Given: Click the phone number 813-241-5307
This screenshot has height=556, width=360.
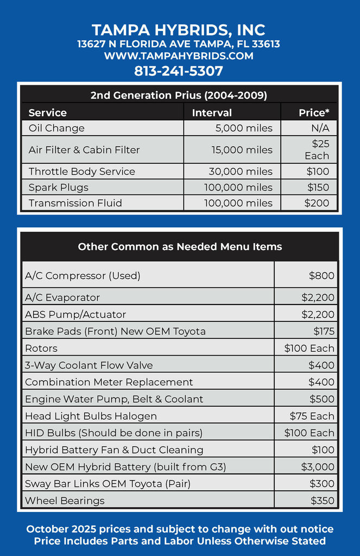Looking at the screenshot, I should tap(179, 71).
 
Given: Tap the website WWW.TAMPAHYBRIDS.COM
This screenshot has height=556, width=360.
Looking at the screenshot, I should tap(179, 56).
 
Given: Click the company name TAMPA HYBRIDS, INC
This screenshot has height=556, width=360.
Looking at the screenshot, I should tap(179, 29).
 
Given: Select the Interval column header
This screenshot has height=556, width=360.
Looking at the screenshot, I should tap(212, 113).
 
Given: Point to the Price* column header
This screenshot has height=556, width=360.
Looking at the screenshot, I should tap(314, 113).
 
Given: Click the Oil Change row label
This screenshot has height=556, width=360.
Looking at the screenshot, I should tap(56, 128).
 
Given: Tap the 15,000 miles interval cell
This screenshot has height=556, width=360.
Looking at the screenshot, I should tap(242, 150).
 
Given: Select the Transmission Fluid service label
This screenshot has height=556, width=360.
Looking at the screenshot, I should tap(75, 203).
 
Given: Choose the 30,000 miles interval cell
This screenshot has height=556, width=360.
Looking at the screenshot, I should tap(241, 172).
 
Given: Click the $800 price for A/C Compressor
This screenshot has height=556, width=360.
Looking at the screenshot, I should tap(321, 276).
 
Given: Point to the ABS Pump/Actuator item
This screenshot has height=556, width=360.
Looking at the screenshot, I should tap(75, 314).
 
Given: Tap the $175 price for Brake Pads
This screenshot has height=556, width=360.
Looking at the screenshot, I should tap(324, 331).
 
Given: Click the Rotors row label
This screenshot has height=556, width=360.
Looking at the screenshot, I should tap(41, 348).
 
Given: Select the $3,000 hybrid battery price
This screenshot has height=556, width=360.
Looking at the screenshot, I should tap(318, 467).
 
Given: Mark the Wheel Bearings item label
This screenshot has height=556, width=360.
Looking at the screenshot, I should tap(65, 501).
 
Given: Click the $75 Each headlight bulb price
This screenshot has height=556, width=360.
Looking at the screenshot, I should tap(312, 416).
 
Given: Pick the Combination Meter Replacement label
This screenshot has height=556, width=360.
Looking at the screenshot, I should tap(109, 382).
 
